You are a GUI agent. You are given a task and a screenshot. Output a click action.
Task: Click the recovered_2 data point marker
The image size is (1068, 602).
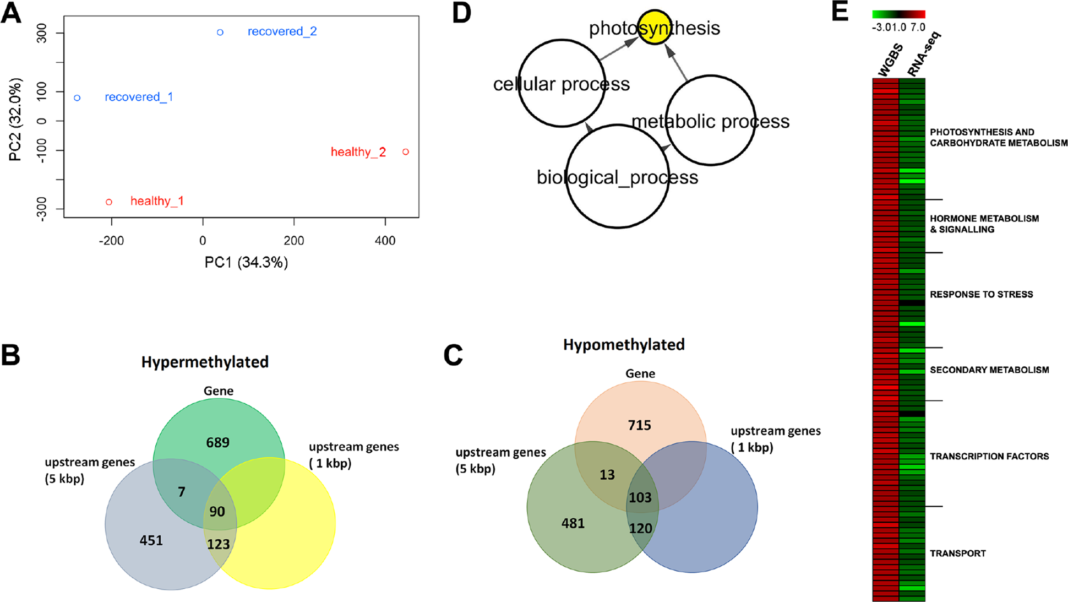coord(220,32)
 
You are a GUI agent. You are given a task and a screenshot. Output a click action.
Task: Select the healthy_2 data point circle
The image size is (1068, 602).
coord(406,152)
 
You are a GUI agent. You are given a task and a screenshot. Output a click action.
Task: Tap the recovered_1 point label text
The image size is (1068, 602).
coord(139,97)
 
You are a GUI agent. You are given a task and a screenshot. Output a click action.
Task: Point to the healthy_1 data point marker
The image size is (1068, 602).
coord(109,202)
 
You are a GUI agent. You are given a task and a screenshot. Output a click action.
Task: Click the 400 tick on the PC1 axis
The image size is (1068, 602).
coord(385,241)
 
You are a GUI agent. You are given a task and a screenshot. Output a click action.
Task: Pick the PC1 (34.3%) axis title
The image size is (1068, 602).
coord(246,263)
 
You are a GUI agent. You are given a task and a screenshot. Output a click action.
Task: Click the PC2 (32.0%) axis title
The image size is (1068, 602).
coord(15,120)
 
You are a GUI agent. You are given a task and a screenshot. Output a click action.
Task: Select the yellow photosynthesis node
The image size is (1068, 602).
coord(655,27)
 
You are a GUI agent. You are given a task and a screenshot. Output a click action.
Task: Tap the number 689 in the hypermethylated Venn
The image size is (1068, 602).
coord(218,443)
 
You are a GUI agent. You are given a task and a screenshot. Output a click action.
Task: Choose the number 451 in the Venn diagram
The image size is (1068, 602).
coord(151,541)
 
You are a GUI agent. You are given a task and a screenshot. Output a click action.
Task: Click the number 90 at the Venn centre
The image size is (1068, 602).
coord(217,512)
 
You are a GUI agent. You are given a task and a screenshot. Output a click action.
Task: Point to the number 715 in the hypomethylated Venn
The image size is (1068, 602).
coord(640,425)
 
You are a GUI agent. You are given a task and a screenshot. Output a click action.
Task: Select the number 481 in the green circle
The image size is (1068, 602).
coord(573,523)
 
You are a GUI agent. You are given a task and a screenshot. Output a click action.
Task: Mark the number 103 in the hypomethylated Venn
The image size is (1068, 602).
coord(640,498)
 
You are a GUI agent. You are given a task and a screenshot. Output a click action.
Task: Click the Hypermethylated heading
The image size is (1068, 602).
coord(205,362)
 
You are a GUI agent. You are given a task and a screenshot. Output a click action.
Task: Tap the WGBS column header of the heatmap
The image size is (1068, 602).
coord(889,61)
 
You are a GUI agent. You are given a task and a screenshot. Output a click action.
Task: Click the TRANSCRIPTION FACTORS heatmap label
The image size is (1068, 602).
coord(989,457)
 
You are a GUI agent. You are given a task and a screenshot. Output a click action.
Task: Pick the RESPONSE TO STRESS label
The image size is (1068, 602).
coord(981,295)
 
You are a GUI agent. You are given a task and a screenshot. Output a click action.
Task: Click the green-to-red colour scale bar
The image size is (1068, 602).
coord(898,14)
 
